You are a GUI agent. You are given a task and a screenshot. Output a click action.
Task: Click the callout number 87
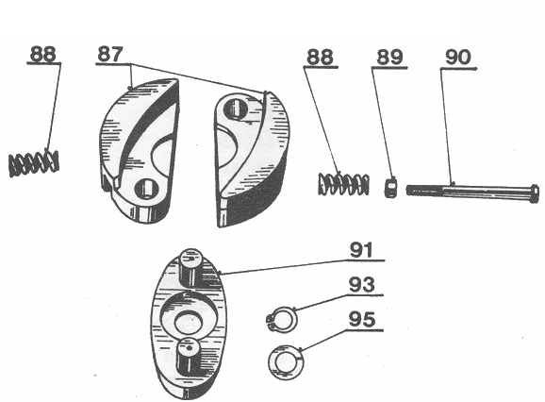click(x=110, y=54)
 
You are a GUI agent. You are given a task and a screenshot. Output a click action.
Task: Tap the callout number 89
click(x=389, y=57)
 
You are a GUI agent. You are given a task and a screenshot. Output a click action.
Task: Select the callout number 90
click(x=458, y=57)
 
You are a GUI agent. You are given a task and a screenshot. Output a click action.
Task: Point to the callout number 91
click(x=361, y=250)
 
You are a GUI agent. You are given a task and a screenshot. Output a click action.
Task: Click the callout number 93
click(x=362, y=285)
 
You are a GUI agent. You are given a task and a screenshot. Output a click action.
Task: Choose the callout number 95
click(x=362, y=320)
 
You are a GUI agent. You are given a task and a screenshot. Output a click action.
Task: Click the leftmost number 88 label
click(x=43, y=54)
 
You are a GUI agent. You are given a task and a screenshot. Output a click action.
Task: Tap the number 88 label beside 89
click(x=320, y=57)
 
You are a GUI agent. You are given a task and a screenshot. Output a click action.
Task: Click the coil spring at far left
click(x=33, y=164)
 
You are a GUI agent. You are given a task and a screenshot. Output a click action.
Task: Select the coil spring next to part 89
click(x=343, y=184)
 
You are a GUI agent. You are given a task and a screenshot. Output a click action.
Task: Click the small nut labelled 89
click(x=390, y=188)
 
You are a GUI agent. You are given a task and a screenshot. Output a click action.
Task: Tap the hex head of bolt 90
click(x=534, y=194)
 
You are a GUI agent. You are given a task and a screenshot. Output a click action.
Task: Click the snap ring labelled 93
click(x=282, y=320)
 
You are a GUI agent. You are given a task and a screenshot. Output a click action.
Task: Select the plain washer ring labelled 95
click(x=286, y=362)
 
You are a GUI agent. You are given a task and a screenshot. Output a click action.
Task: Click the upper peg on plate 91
click(x=190, y=267)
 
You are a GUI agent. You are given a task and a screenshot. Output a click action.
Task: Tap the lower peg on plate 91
click(x=189, y=357)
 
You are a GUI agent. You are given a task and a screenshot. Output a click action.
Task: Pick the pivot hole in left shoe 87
click(x=146, y=189)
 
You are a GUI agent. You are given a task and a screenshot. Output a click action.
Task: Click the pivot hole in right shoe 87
click(x=235, y=108)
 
